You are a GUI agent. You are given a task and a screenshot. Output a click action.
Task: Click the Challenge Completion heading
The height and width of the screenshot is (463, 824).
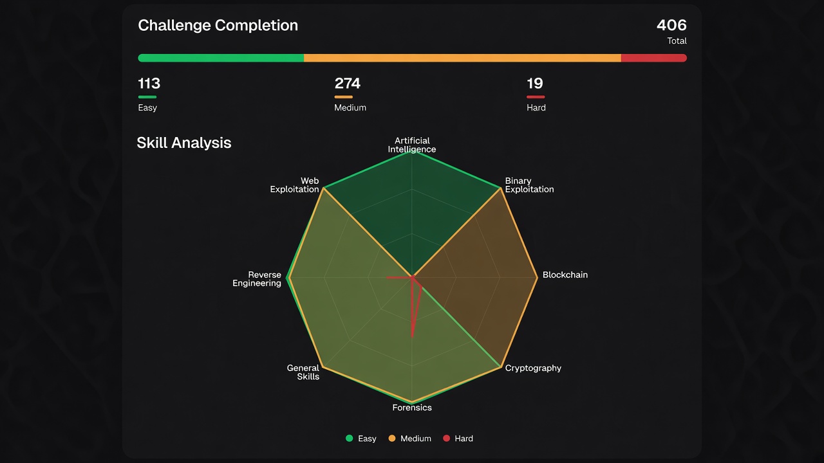(x=218, y=26)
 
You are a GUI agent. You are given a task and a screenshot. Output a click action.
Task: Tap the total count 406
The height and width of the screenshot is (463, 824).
(x=671, y=25)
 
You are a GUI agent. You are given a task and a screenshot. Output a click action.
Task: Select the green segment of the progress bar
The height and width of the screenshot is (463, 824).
(x=221, y=58)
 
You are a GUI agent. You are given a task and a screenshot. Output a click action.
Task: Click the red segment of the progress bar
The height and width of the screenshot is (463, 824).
(x=654, y=58)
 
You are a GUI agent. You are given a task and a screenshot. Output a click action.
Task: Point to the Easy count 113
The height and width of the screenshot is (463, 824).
(x=149, y=84)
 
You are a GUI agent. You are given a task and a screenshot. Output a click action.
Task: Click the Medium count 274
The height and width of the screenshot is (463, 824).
(x=347, y=84)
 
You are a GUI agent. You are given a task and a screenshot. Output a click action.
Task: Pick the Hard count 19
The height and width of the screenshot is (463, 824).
(x=535, y=84)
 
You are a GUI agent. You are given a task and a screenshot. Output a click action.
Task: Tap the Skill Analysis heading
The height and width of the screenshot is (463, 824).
(x=184, y=143)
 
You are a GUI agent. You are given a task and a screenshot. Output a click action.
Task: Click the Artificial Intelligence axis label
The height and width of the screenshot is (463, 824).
(x=412, y=145)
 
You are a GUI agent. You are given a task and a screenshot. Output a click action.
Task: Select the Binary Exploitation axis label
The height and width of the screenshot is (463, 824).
(x=529, y=185)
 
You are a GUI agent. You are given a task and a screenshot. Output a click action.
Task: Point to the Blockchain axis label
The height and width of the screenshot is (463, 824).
(x=565, y=275)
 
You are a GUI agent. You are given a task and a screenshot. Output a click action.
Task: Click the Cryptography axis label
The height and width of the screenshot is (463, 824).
(x=533, y=368)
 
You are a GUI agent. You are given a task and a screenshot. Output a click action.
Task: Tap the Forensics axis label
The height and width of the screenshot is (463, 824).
(x=412, y=408)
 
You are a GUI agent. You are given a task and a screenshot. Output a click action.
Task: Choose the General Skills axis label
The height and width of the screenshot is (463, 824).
(x=303, y=372)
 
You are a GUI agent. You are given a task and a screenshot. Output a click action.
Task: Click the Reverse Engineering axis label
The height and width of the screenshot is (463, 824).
(x=257, y=279)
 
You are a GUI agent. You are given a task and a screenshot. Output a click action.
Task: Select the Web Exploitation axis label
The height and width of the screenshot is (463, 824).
(x=294, y=185)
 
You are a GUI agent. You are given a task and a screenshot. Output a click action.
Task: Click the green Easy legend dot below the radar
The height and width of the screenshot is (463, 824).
(x=350, y=438)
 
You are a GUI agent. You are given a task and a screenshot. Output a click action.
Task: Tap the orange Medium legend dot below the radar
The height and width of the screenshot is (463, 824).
(x=392, y=438)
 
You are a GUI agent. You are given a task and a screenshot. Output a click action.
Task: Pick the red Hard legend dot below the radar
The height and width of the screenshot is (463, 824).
(x=447, y=438)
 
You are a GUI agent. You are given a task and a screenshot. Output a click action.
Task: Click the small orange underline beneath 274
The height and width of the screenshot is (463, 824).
(x=344, y=97)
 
